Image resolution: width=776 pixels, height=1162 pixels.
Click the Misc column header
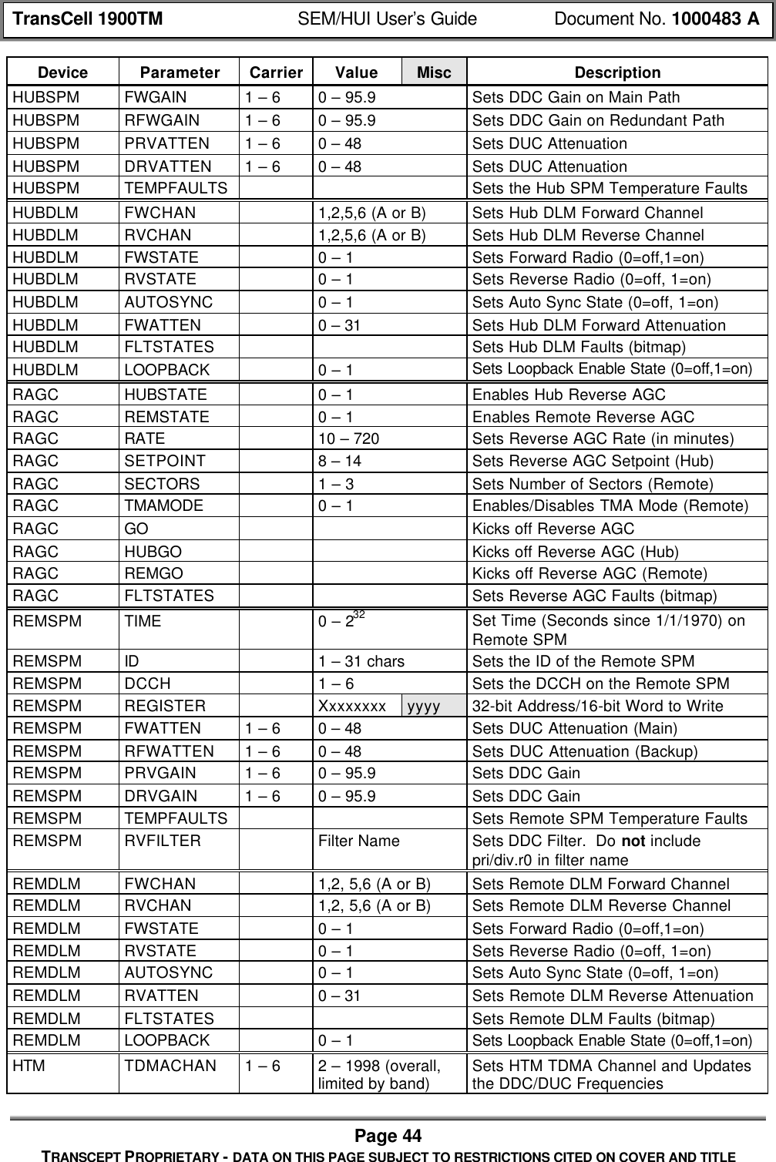coord(434,72)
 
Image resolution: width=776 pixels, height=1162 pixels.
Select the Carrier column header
coord(276,72)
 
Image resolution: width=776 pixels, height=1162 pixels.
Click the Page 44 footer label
coord(388,1135)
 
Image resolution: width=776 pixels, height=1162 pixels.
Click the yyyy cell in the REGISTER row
coord(424,705)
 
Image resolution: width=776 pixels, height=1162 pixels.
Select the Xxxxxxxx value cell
coord(352,705)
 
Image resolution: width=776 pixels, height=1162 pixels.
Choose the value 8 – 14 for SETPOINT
coord(340,462)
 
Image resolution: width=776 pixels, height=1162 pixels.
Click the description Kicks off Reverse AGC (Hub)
coord(575,551)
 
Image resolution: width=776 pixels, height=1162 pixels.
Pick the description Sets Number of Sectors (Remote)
coord(592,484)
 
